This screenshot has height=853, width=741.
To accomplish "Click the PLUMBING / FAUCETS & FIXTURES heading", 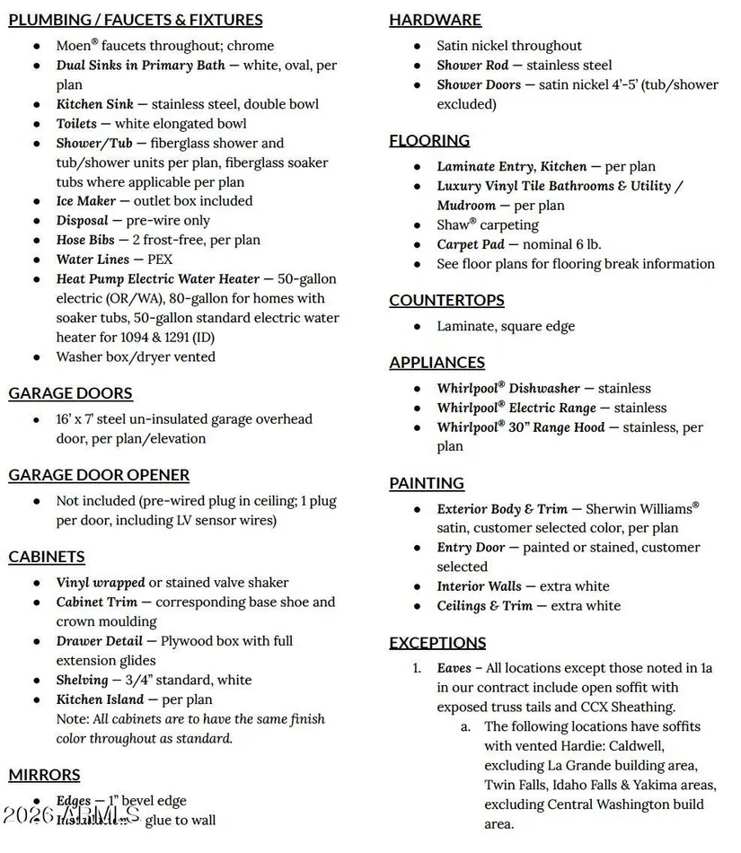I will [136, 20].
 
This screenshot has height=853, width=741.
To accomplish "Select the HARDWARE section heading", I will [435, 20].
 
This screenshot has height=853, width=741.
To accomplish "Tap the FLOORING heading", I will [429, 140].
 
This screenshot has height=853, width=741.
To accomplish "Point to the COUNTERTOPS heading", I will [446, 300].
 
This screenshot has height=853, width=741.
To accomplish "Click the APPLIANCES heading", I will [437, 362].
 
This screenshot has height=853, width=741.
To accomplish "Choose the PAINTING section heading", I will [427, 483].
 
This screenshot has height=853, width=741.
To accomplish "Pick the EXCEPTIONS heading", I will [437, 642].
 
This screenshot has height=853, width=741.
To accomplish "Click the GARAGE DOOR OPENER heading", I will [99, 475].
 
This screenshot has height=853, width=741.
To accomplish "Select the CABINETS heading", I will [47, 557].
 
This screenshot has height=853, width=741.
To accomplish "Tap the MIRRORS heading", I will [44, 775].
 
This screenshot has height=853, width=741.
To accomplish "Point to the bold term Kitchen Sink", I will [94, 104].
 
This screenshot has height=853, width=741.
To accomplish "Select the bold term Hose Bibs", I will [84, 240].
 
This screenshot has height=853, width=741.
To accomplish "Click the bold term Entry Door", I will [471, 547].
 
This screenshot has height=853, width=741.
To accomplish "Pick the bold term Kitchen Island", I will [100, 699].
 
